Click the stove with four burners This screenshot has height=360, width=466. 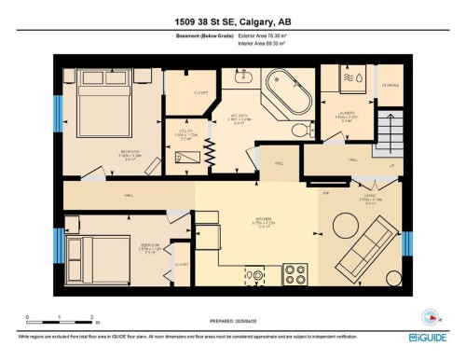295,273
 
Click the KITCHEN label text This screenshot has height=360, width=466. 263,220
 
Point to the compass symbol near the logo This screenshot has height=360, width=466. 431,314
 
